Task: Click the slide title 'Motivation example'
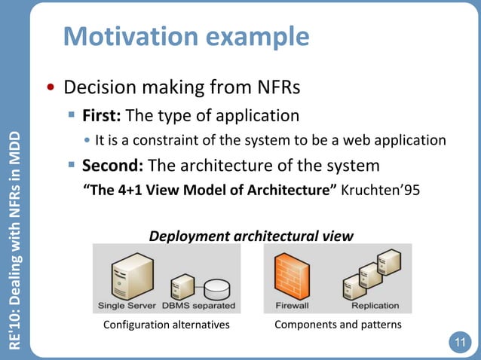(185, 36)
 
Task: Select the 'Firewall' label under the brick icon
(291, 306)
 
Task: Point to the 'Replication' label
(375, 306)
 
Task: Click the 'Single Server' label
(127, 306)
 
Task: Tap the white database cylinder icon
(218, 288)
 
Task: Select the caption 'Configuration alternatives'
(166, 325)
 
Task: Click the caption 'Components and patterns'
(338, 325)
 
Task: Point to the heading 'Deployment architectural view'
(251, 236)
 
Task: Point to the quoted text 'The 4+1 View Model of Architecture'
(209, 189)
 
